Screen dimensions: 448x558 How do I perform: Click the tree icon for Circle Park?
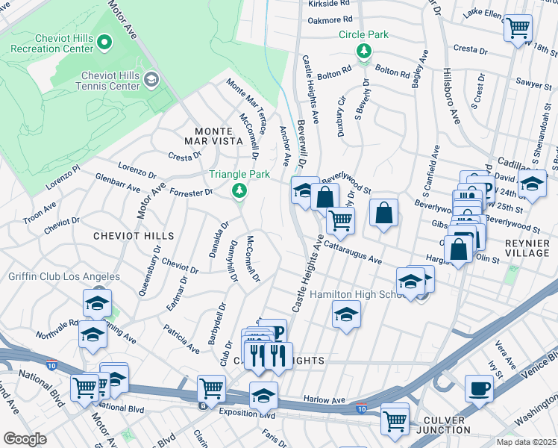point(364,51)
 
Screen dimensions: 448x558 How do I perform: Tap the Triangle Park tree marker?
point(239,192)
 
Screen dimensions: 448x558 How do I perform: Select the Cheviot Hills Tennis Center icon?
point(151,79)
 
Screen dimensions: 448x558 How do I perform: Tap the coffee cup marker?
point(479,388)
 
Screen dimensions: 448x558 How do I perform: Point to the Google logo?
point(25,439)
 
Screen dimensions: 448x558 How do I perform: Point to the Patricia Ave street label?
point(181,337)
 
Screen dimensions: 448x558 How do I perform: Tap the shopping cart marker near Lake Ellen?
point(518,29)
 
